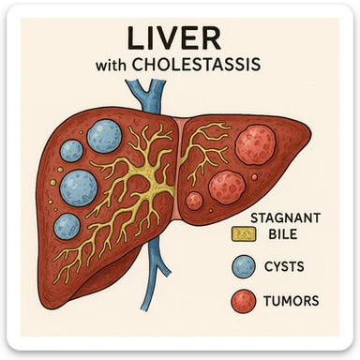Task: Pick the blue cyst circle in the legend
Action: click(243, 267)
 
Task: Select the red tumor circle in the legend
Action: click(243, 300)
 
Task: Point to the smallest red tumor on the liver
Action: click(194, 200)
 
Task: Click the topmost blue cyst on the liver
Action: click(103, 136)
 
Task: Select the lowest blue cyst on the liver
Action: click(67, 227)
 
